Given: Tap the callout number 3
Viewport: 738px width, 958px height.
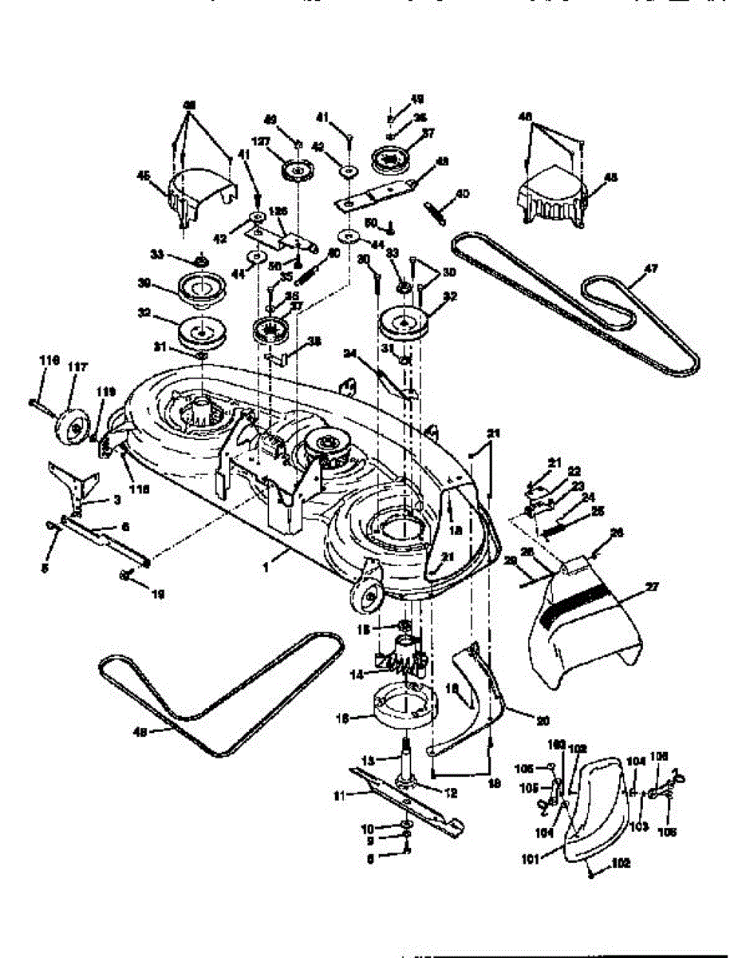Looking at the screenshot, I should pos(116,501).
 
